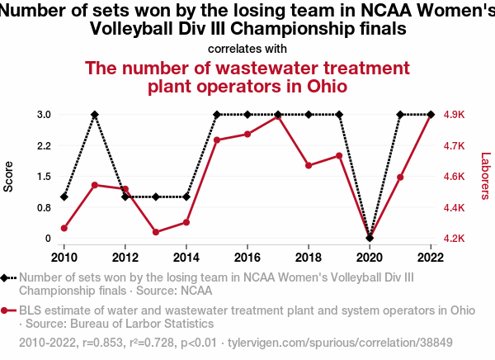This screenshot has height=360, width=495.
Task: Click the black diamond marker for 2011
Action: (x=95, y=115)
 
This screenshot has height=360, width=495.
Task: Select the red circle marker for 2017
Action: (x=278, y=117)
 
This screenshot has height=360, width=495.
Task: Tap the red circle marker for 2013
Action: (x=156, y=232)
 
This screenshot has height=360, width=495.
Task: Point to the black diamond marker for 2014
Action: (x=186, y=197)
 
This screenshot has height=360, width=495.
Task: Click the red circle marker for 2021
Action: (x=400, y=178)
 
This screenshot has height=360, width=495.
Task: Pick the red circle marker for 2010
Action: (x=64, y=228)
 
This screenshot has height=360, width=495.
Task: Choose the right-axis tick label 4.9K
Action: (x=455, y=115)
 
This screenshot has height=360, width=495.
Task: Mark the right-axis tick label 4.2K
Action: (x=455, y=239)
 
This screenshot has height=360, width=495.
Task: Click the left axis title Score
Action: (x=9, y=176)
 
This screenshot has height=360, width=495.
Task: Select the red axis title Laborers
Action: (x=485, y=176)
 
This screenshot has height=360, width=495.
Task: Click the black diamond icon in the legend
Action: (x=7, y=278)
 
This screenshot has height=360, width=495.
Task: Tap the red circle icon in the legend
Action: (x=7, y=311)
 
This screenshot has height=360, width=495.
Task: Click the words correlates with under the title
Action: (x=247, y=49)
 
